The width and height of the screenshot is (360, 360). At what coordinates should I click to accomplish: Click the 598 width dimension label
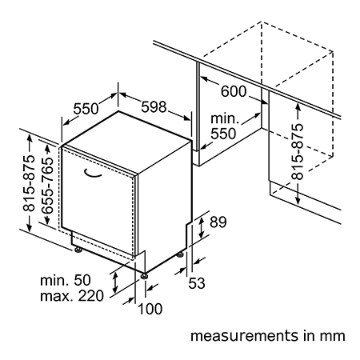tap(154, 107)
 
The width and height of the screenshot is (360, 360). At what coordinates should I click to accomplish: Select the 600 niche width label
tap(234, 91)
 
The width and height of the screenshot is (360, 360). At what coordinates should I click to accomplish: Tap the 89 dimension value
tap(218, 222)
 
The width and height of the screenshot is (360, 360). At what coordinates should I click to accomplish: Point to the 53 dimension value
tap(197, 283)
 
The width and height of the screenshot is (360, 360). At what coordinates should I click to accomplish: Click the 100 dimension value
tap(150, 309)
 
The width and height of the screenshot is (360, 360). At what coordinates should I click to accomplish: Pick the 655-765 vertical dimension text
tap(48, 186)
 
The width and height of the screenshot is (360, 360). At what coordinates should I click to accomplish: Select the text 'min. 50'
tap(66, 280)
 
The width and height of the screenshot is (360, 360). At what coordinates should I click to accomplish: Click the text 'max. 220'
tap(72, 296)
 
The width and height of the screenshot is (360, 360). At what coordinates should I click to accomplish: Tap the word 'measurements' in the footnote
tap(244, 336)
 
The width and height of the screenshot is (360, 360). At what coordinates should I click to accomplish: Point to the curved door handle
tap(93, 174)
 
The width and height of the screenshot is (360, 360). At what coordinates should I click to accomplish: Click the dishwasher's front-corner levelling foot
tap(144, 276)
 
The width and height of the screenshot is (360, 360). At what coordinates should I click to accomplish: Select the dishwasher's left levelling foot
tap(78, 250)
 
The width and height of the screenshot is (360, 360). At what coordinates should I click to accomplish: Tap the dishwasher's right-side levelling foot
tap(180, 254)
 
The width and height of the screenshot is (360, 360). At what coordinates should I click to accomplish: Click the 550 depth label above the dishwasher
tap(86, 109)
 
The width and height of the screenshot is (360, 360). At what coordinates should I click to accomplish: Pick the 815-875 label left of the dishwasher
tap(29, 183)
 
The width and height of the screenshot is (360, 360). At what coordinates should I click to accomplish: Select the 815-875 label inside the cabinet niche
tap(297, 151)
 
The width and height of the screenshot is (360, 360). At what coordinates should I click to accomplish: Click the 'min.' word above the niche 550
tap(225, 118)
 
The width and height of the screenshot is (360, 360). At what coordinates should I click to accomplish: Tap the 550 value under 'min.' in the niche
tap(223, 134)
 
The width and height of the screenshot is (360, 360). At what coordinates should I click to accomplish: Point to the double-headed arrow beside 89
tap(202, 228)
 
